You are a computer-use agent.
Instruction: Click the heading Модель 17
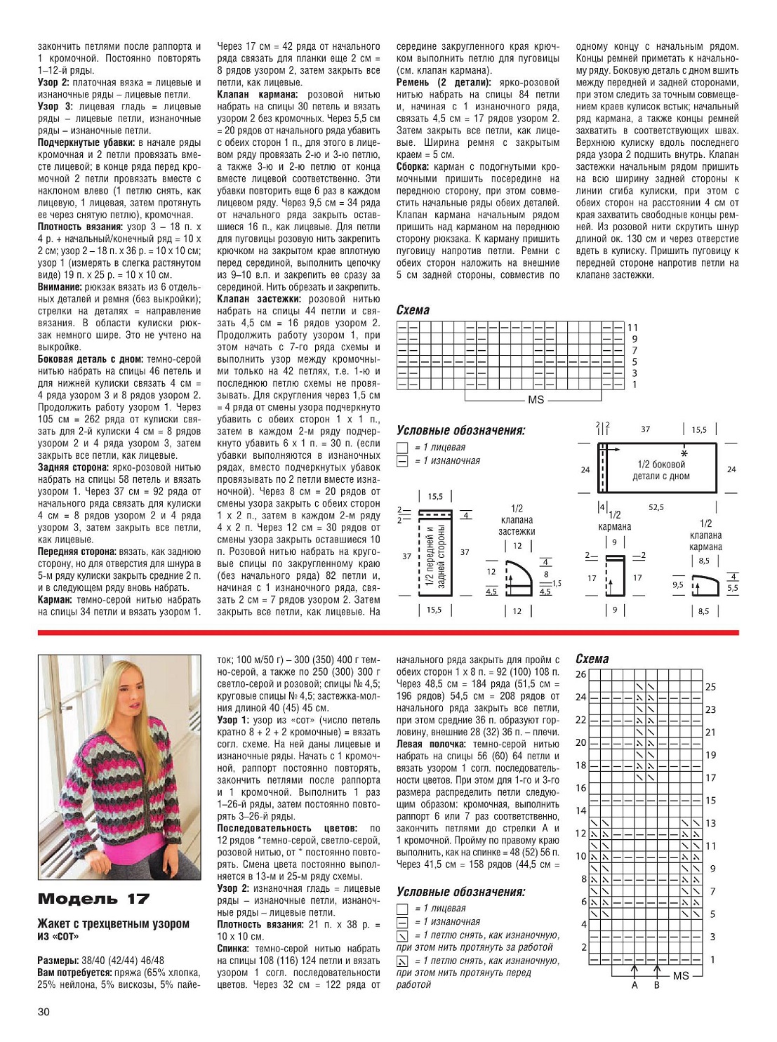pos(93,899)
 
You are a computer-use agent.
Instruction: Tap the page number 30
pos(44,1011)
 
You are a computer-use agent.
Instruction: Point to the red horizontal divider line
pos(388,633)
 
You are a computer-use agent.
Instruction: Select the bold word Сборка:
pos(413,167)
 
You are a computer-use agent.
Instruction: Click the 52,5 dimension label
pos(656,507)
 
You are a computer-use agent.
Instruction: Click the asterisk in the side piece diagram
pos(684,453)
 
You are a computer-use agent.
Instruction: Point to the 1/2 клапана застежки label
pos(517,520)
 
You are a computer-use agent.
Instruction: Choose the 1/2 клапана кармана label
pos(705,535)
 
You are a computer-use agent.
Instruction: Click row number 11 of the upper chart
pos(632,328)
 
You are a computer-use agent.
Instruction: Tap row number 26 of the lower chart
pos(581,674)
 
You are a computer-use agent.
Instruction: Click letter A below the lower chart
pos(635,985)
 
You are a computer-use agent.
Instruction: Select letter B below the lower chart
pos(657,985)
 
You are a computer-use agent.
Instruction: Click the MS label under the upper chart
pos(536,399)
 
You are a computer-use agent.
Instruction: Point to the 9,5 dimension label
pos(677,585)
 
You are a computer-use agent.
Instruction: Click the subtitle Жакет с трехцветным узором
pos(113,923)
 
